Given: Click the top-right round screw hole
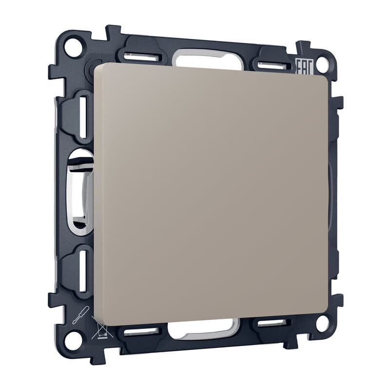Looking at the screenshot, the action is (x=323, y=64).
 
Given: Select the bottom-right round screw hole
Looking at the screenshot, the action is (x=323, y=323).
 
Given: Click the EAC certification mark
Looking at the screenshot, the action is (x=304, y=66).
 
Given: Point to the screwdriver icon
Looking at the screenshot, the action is (x=79, y=314).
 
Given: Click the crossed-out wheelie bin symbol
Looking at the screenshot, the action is (x=102, y=328).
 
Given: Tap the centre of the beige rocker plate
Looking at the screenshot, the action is (x=212, y=194).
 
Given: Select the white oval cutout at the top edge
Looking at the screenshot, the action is (x=209, y=58).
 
